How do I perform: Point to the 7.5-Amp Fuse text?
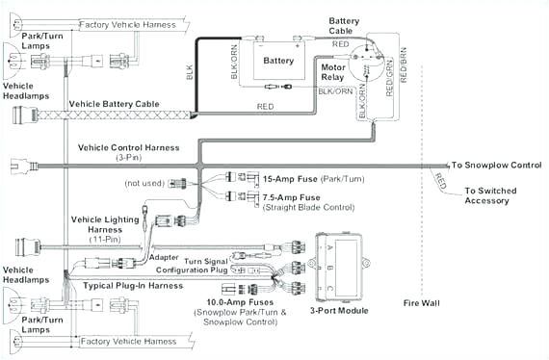(290, 196)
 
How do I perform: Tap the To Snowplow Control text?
(497, 166)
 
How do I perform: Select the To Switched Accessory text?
(489, 196)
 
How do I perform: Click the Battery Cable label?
(344, 26)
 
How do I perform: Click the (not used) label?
(144, 183)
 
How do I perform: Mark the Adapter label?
(165, 258)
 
